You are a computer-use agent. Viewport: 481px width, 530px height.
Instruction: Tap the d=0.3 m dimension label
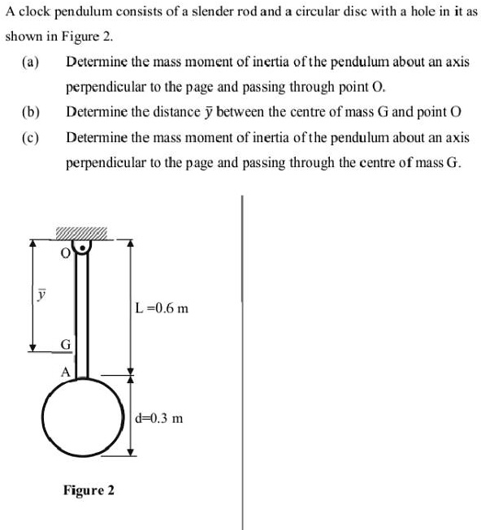(x=160, y=419)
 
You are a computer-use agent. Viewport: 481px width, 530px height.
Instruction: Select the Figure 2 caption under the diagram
(x=89, y=490)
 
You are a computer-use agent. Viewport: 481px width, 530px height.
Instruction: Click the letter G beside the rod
(x=66, y=347)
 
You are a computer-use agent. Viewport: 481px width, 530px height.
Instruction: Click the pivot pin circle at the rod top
(x=81, y=243)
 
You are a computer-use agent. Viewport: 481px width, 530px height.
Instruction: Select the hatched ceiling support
(x=81, y=234)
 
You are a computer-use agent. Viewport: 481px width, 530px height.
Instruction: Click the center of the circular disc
(x=85, y=416)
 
